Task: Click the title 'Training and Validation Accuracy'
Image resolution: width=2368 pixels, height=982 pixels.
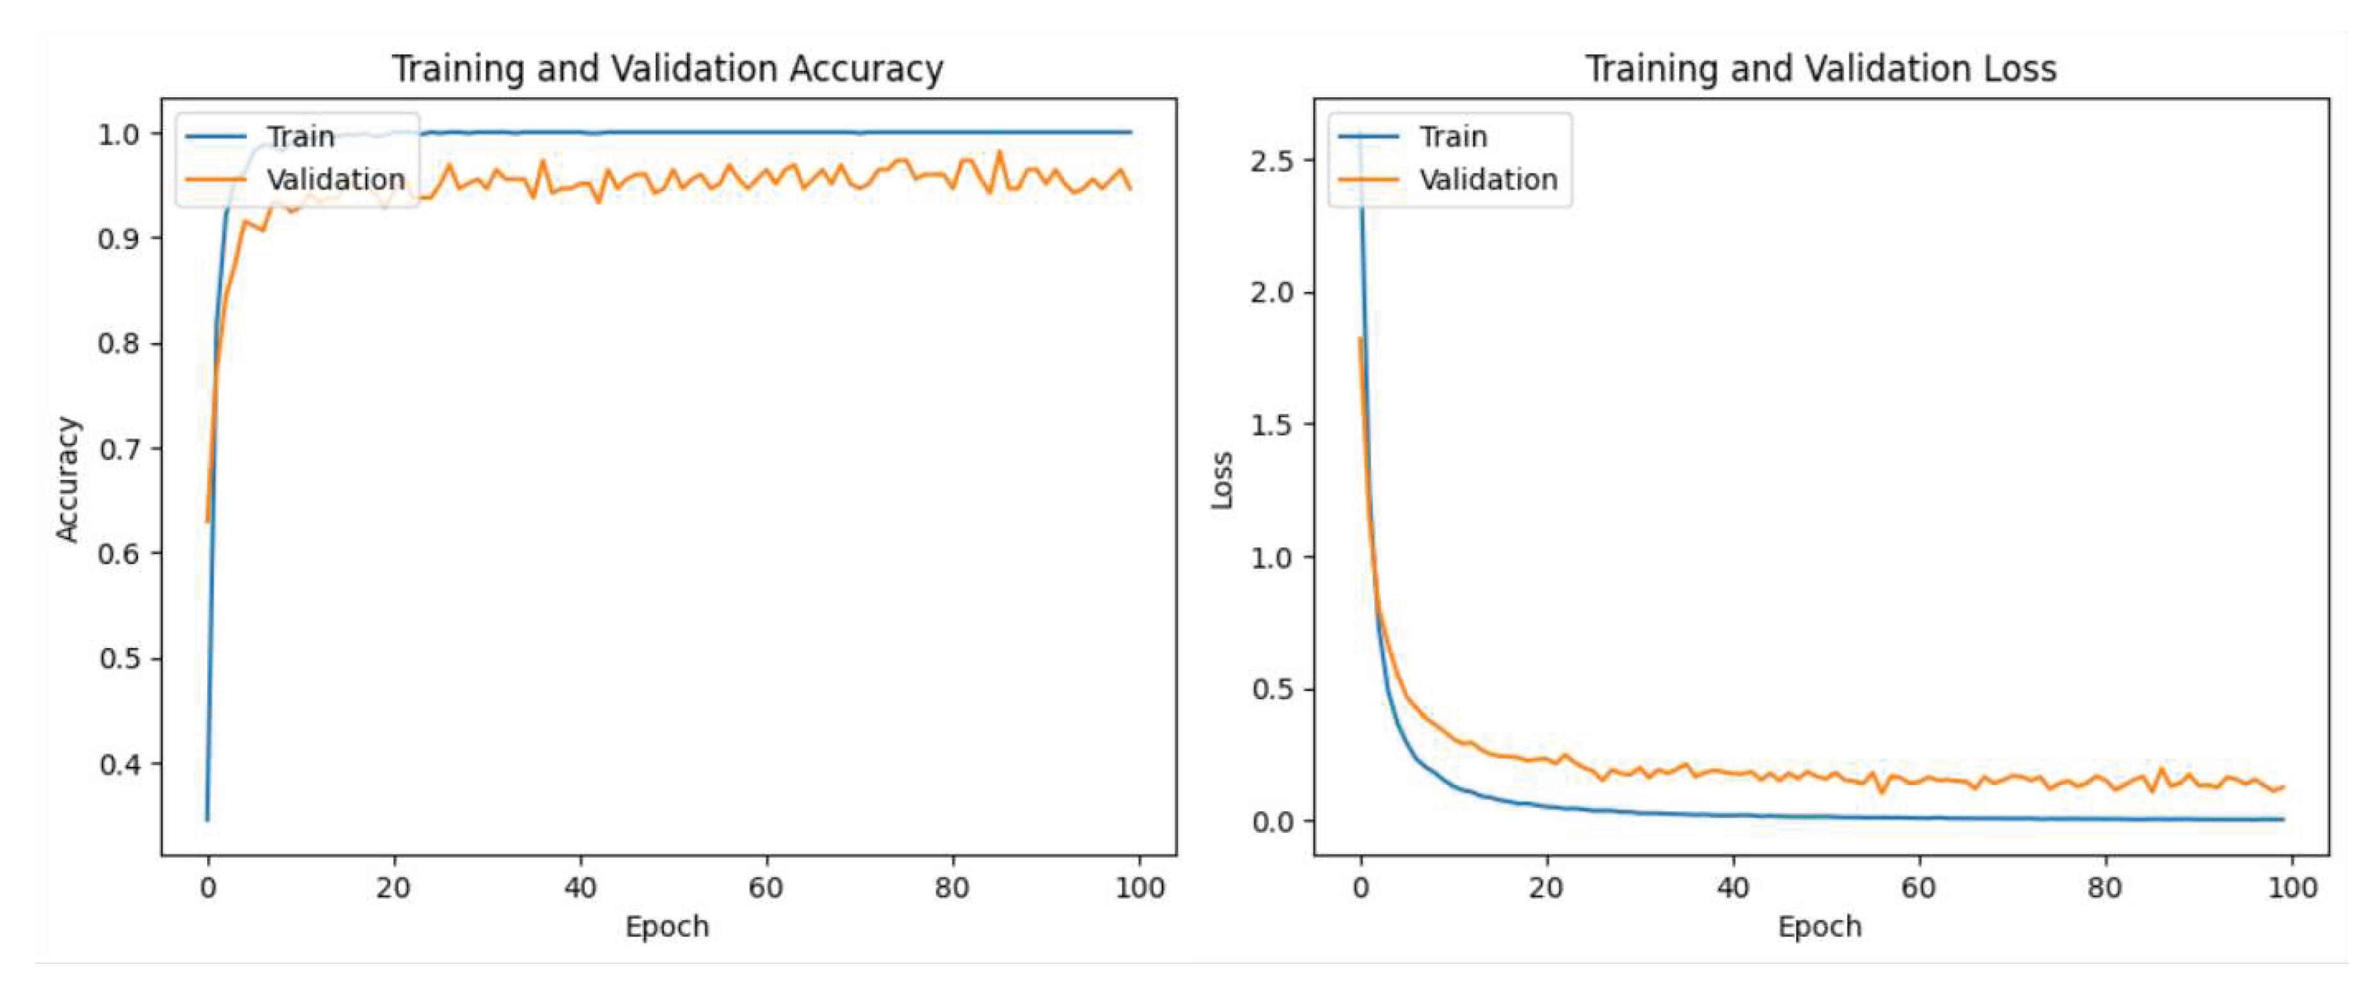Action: (667, 69)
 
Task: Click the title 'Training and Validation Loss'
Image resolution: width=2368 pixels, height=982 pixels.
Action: (1820, 69)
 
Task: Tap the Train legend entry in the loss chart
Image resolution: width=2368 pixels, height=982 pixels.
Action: (1453, 137)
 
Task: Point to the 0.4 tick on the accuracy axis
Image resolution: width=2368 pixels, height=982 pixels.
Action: (120, 764)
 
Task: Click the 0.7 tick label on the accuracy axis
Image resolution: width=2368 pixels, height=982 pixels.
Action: (120, 448)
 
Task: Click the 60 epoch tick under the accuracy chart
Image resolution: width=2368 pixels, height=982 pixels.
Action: (765, 888)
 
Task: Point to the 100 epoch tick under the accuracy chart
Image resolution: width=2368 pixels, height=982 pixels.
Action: (1139, 888)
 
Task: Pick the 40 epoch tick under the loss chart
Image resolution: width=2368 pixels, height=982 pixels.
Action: (1733, 888)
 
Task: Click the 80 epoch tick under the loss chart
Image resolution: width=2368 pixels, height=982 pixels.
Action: (2105, 888)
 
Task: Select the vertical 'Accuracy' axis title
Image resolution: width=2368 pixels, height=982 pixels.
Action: (67, 479)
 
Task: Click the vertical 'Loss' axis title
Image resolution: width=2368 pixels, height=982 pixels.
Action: (1220, 480)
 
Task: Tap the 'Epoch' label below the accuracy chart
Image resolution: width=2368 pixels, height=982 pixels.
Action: (667, 927)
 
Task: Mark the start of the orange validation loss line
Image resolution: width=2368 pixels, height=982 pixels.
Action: (1359, 338)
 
